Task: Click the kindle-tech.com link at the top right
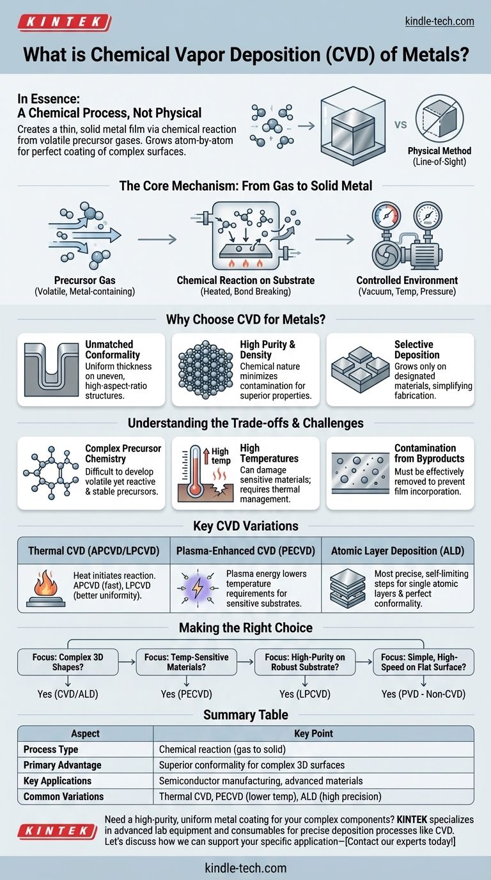(x=440, y=22)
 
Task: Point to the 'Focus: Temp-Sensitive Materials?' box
(x=186, y=661)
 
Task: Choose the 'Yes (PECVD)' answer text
(x=186, y=694)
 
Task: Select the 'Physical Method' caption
(x=439, y=151)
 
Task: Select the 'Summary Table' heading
(x=245, y=714)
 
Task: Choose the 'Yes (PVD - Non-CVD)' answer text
(x=423, y=694)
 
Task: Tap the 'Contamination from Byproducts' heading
(x=425, y=453)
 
